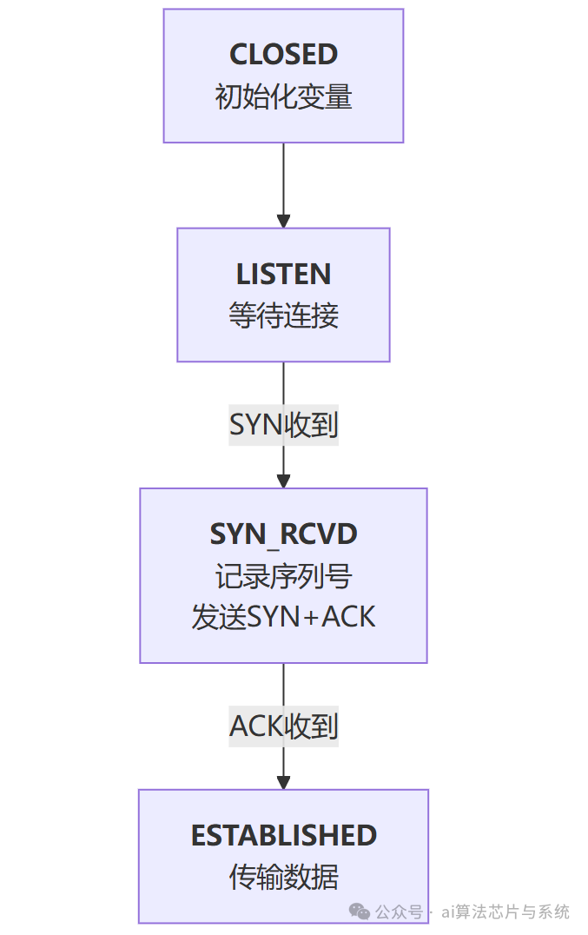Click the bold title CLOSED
pyautogui.click(x=283, y=55)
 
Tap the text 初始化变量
pyautogui.click(x=283, y=96)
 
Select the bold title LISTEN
pyautogui.click(x=283, y=275)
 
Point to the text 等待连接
pyautogui.click(x=283, y=315)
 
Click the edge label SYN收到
pyautogui.click(x=283, y=425)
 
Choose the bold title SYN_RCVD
pyautogui.click(x=283, y=534)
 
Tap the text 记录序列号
pyautogui.click(x=283, y=575)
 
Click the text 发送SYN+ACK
pyautogui.click(x=283, y=617)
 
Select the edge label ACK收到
pyautogui.click(x=283, y=726)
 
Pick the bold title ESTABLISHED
pyautogui.click(x=283, y=835)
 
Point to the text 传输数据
pyautogui.click(x=283, y=876)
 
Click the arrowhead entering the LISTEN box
pyautogui.click(x=283, y=221)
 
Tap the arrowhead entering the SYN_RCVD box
pyautogui.click(x=283, y=481)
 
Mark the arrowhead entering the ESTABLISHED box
pyautogui.click(x=283, y=782)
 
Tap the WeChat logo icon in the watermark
pyautogui.click(x=359, y=911)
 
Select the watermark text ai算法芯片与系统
pyautogui.click(x=505, y=912)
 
